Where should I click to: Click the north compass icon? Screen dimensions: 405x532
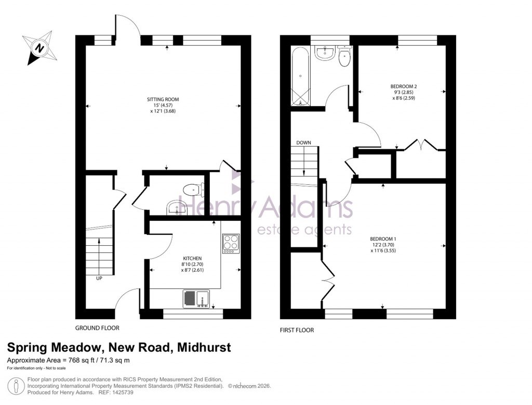[38, 48]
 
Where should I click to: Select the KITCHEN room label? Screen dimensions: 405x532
[192, 258]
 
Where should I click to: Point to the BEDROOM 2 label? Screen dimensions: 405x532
[404, 86]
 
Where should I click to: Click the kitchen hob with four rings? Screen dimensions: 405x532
[230, 243]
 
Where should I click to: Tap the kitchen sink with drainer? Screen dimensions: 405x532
[196, 298]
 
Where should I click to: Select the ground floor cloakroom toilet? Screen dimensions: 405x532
[193, 189]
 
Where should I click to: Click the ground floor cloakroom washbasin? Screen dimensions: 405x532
[177, 209]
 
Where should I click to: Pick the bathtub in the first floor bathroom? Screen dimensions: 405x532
[301, 77]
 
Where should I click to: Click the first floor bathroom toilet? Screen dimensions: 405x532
[344, 57]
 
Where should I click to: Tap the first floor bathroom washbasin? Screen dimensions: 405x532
[325, 52]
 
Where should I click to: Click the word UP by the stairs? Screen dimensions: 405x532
[99, 279]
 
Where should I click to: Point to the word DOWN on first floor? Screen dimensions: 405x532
[304, 142]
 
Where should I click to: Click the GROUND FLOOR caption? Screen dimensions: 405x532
[98, 328]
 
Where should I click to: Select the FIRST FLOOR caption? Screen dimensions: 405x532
[297, 330]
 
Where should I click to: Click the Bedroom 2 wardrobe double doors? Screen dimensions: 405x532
[421, 145]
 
